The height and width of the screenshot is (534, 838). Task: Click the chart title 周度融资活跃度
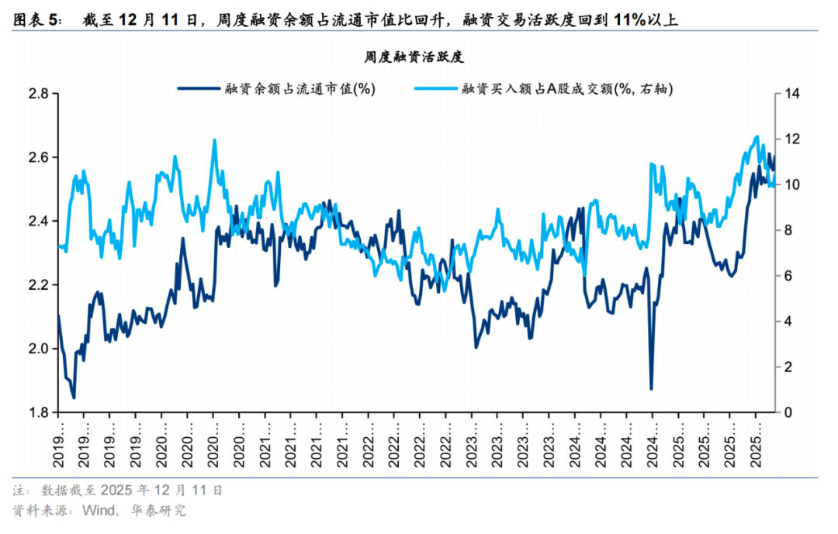[x=414, y=57]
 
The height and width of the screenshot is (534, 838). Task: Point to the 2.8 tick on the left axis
[x=38, y=95]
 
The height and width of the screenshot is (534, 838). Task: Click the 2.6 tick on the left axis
[x=38, y=158]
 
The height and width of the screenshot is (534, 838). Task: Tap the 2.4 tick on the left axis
[x=38, y=222]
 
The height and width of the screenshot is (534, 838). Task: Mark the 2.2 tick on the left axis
[x=38, y=285]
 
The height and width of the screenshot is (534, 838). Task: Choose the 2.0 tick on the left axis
[x=38, y=349]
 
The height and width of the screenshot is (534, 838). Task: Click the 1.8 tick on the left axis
[x=38, y=412]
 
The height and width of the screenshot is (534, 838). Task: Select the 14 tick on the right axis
[x=791, y=95]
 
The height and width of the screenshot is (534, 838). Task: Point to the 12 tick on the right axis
[x=791, y=140]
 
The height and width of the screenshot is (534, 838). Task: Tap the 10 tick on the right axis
[x=791, y=185]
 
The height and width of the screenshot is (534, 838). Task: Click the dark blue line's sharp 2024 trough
[x=651, y=388]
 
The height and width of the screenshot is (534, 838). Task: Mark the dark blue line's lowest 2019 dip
[x=74, y=398]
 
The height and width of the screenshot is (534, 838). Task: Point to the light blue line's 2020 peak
[x=214, y=140]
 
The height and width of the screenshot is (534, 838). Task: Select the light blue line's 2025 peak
[x=757, y=136]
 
